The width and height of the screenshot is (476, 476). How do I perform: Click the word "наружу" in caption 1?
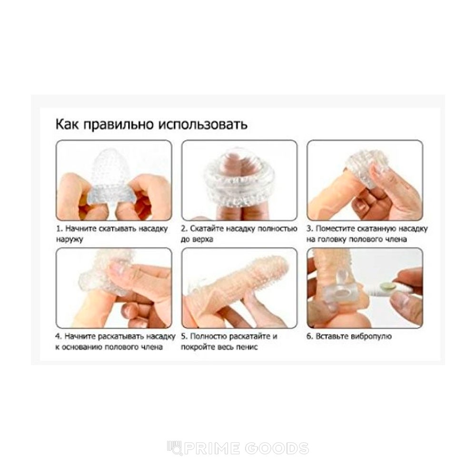click(69, 239)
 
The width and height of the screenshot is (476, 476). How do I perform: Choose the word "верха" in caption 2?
click(203, 239)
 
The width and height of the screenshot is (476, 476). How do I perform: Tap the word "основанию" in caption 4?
click(81, 347)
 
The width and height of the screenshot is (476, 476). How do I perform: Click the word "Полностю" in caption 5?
click(208, 337)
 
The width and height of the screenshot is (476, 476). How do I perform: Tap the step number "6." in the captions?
click(310, 337)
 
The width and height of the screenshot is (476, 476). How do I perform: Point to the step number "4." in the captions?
click(59, 337)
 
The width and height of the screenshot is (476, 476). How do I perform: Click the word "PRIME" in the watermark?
click(212, 449)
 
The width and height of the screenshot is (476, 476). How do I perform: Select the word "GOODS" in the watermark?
click(277, 449)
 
